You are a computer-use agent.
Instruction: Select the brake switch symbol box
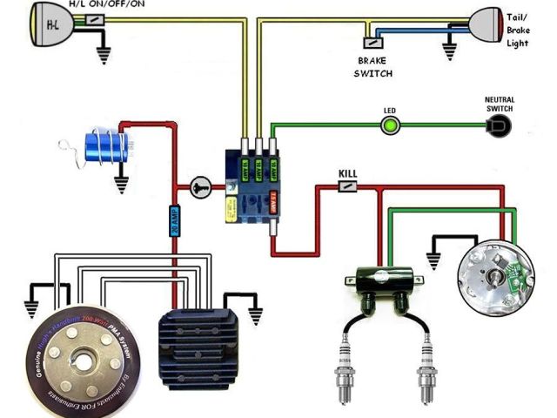coord(372,41)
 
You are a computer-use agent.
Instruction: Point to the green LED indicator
coord(390,127)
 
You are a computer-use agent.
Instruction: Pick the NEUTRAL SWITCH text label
coord(499,104)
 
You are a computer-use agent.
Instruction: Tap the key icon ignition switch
coord(200,185)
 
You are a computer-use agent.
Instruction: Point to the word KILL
coord(348,172)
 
